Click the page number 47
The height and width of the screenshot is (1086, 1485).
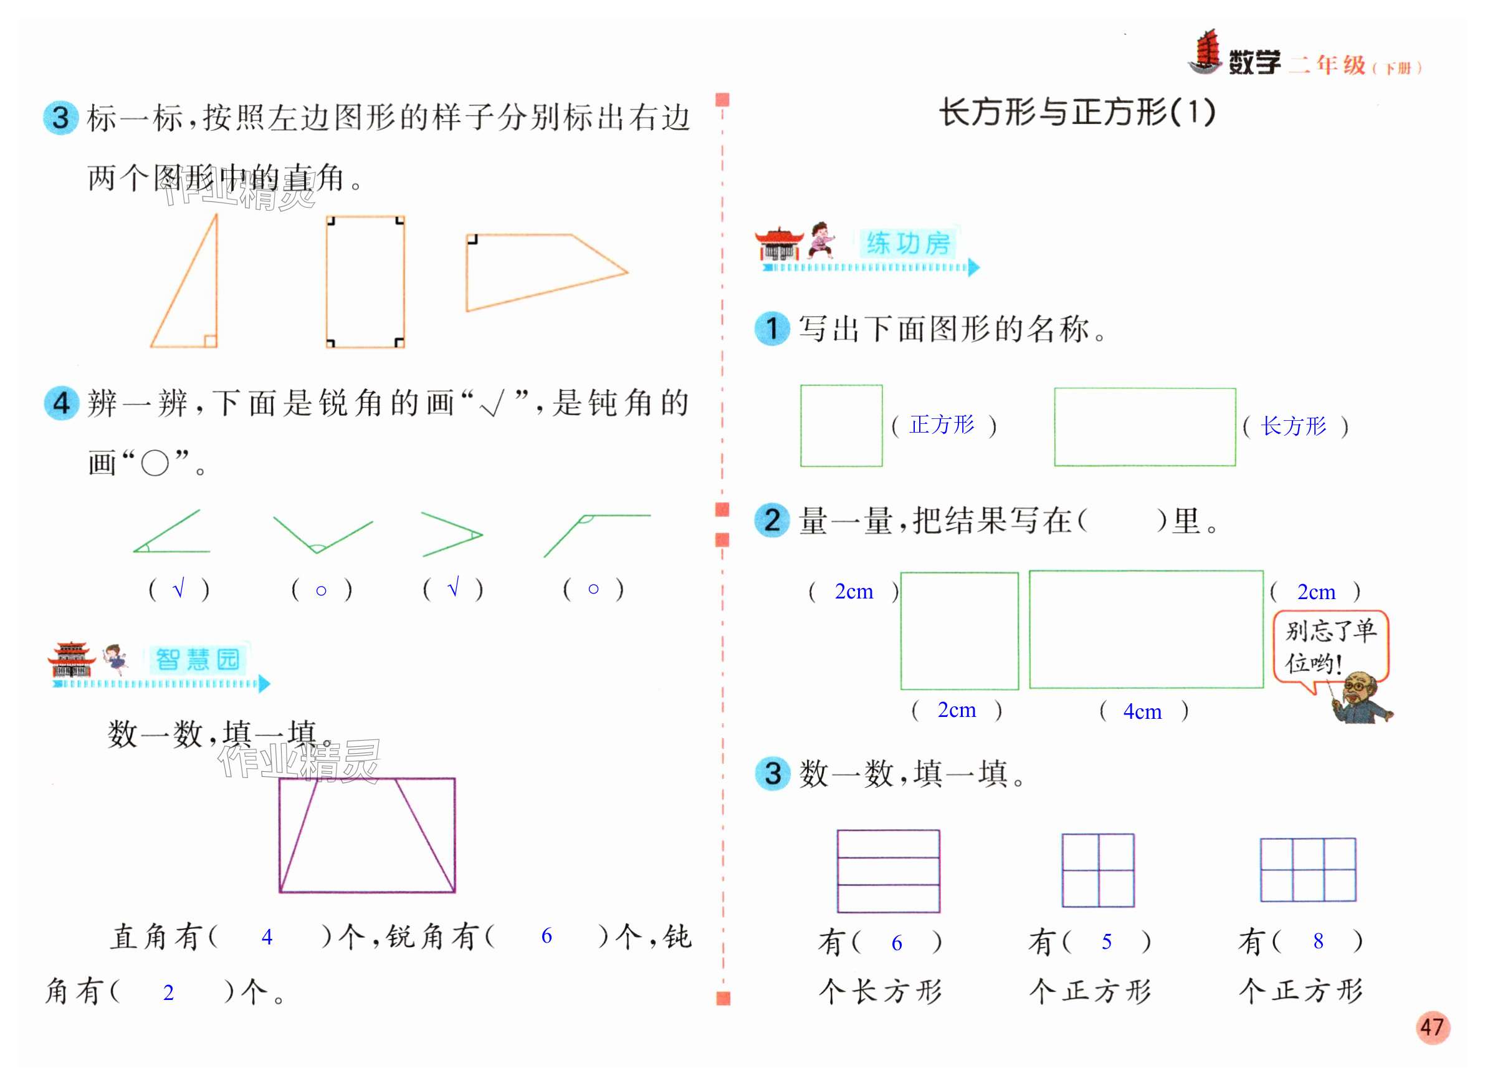click(1432, 1027)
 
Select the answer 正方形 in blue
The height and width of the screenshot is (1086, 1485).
click(942, 425)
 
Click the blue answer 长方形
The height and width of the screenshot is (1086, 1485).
click(1293, 426)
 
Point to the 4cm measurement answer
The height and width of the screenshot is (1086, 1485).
click(1142, 711)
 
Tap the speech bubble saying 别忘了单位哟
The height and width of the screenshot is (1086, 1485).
click(1330, 648)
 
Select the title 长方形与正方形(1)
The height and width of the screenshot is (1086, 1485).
click(1077, 112)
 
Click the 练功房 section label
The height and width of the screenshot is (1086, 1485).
click(908, 244)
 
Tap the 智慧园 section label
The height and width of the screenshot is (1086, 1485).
click(198, 660)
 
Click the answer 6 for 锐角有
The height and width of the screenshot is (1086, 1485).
click(546, 936)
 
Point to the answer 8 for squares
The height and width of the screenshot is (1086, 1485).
click(1317, 941)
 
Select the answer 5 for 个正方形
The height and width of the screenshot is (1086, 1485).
click(1107, 941)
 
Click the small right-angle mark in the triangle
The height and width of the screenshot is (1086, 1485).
click(209, 340)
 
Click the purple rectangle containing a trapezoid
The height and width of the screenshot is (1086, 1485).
click(366, 835)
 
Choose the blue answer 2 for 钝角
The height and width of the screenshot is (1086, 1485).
click(168, 992)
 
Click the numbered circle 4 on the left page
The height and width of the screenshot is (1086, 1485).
click(61, 402)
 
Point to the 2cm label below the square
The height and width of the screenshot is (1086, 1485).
click(956, 710)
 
